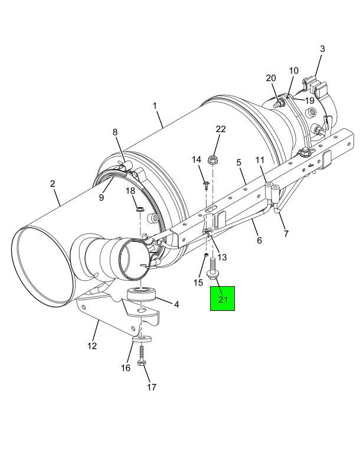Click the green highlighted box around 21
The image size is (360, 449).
tap(222, 299)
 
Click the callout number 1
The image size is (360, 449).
tap(155, 106)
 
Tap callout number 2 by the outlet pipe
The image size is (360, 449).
tap(53, 183)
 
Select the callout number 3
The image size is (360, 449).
tap(322, 49)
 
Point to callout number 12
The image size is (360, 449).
tap(92, 346)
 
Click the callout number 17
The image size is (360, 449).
tap(152, 387)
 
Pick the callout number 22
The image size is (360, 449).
tap(221, 129)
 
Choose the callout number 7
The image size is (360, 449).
tap(286, 234)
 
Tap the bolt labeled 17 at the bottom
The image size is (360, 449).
tap(142, 356)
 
